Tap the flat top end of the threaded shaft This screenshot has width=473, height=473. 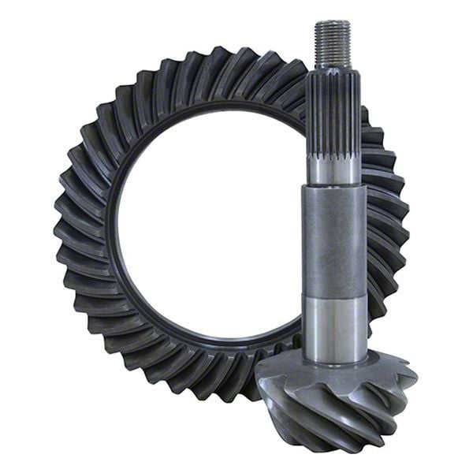332,23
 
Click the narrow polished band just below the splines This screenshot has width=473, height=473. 333,172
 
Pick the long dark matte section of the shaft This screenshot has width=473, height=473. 333,240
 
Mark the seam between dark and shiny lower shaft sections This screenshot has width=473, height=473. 334,294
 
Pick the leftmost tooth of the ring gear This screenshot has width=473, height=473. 60,229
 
